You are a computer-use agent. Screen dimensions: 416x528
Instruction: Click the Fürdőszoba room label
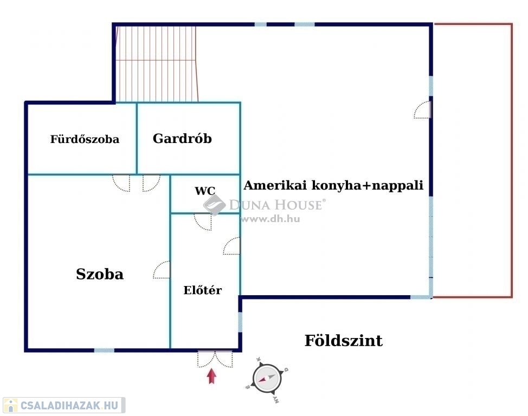85,139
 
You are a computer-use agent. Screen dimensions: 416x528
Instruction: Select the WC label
205,191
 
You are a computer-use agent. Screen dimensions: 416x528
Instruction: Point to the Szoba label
100,274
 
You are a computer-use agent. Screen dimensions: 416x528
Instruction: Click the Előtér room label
202,290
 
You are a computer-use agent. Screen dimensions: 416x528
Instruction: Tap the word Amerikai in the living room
269,185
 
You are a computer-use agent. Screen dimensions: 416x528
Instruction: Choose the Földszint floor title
343,341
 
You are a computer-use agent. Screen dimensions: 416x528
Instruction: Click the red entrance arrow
212,376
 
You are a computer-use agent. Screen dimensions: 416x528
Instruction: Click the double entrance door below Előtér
215,359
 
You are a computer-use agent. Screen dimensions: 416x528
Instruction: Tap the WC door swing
203,221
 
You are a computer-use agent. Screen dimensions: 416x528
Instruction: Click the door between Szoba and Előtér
162,270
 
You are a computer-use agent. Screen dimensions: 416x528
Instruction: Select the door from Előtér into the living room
232,246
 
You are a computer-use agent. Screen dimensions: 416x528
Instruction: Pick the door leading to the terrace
422,110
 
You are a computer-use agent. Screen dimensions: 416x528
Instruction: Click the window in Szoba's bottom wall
104,350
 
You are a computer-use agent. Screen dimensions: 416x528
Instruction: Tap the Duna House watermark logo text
276,205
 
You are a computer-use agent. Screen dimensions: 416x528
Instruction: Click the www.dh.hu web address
270,219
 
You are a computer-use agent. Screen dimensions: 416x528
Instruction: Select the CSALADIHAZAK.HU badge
64,405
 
